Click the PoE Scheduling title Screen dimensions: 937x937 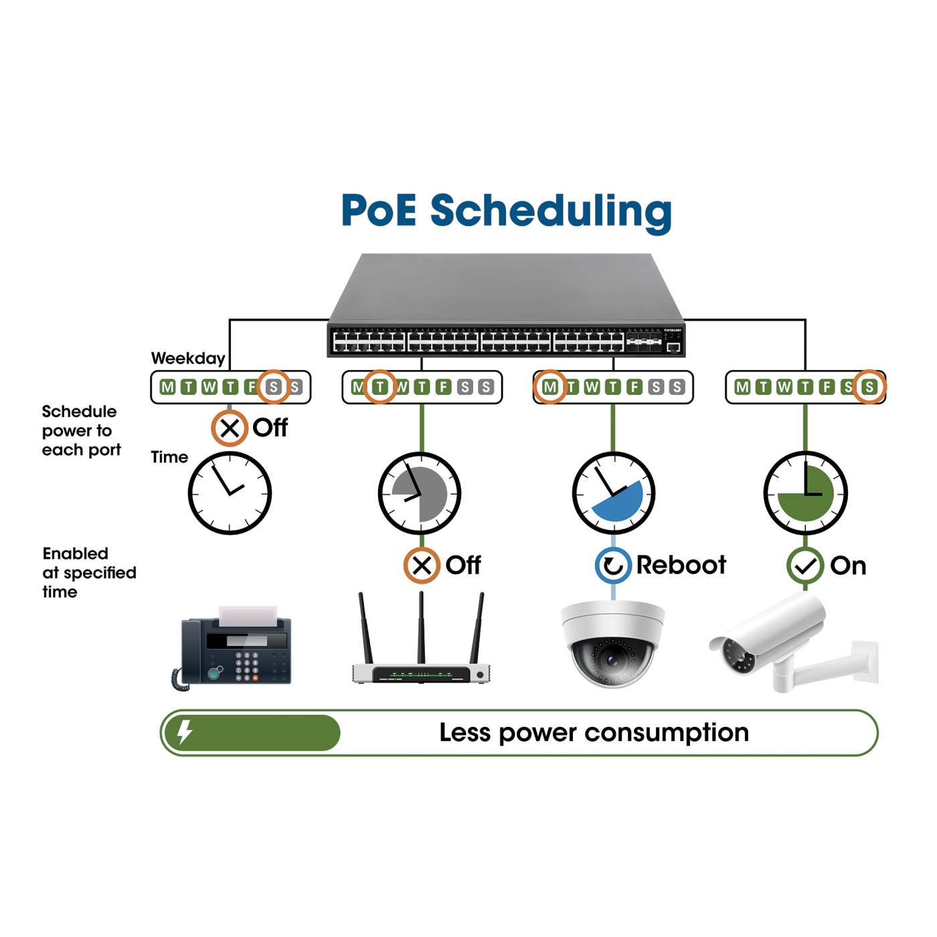[x=506, y=211]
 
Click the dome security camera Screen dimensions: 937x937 [x=612, y=643]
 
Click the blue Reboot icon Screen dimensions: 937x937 [x=613, y=566]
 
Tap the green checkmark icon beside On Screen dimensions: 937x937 [x=804, y=566]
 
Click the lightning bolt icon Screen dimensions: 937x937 [x=185, y=732]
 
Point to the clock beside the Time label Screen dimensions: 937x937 [x=230, y=493]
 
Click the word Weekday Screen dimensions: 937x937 [x=188, y=358]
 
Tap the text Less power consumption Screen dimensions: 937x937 [x=594, y=733]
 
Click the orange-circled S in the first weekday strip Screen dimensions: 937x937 [x=273, y=387]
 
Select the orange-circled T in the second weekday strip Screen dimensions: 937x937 [x=379, y=387]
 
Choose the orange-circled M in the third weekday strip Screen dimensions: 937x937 [x=550, y=387]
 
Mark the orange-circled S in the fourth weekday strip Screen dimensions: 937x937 [x=869, y=387]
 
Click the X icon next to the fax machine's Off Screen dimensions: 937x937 [x=230, y=428]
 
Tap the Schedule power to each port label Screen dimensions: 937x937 [x=81, y=430]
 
